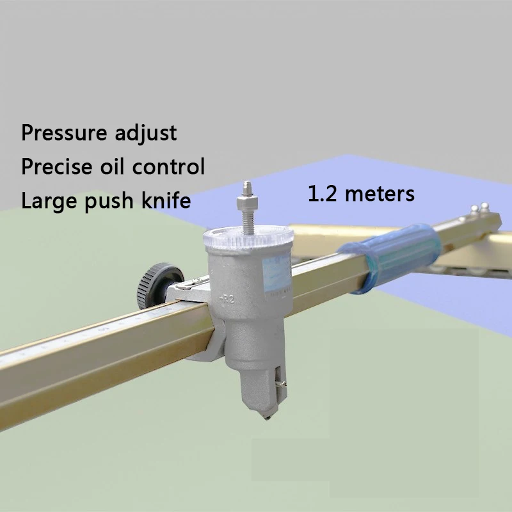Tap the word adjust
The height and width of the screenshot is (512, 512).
[x=145, y=134]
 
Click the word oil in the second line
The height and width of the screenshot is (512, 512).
[x=119, y=167]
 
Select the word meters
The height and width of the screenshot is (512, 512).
[x=379, y=193]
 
